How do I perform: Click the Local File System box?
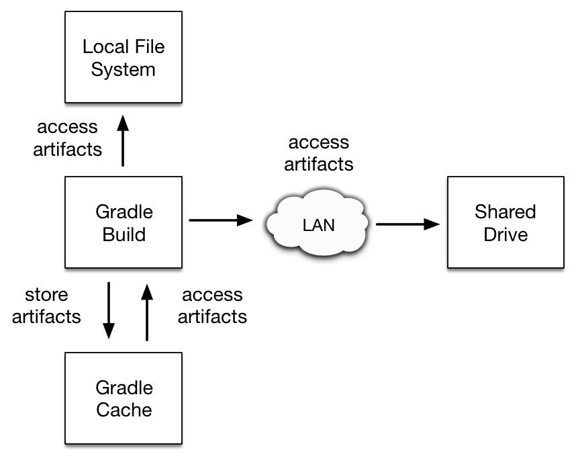tap(123, 58)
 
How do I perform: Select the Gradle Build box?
tap(123, 224)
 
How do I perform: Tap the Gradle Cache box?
tap(123, 399)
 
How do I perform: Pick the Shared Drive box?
tap(505, 224)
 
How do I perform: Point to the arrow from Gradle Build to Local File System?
tap(123, 141)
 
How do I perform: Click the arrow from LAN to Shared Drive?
tap(407, 225)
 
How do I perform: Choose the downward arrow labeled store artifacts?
tap(108, 312)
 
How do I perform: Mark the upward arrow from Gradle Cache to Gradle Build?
tap(145, 312)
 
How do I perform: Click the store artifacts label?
tap(46, 306)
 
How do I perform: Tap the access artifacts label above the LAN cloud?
tap(318, 153)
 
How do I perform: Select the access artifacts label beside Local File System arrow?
tap(67, 138)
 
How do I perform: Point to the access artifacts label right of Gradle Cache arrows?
tap(212, 306)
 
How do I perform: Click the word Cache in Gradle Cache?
tap(124, 410)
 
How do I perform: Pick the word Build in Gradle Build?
tap(124, 235)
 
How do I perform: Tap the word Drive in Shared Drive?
tap(505, 235)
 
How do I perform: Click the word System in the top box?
tap(123, 70)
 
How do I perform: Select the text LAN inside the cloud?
tap(318, 225)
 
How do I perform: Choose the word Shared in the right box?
tap(505, 212)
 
